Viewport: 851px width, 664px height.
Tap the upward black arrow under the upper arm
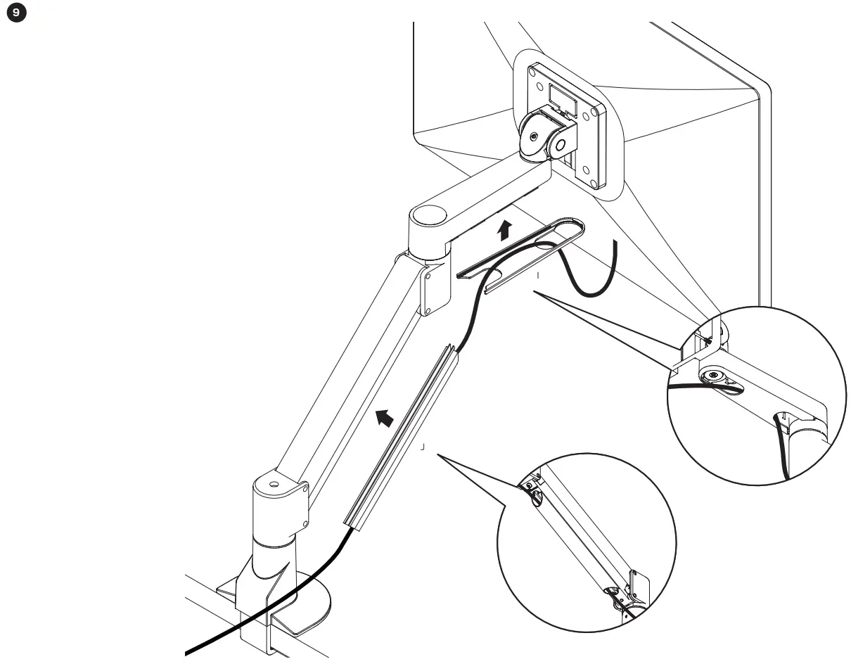click(504, 230)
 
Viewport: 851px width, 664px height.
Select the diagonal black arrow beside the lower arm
click(383, 418)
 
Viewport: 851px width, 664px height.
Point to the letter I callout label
click(538, 276)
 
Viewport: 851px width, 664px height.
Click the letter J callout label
click(423, 446)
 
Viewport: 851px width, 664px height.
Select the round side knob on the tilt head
click(561, 146)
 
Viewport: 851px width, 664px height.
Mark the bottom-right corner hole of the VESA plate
click(596, 185)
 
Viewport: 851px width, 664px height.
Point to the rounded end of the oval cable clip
click(578, 226)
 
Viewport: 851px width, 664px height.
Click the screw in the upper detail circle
click(716, 376)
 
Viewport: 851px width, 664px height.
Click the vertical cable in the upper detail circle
click(781, 450)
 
